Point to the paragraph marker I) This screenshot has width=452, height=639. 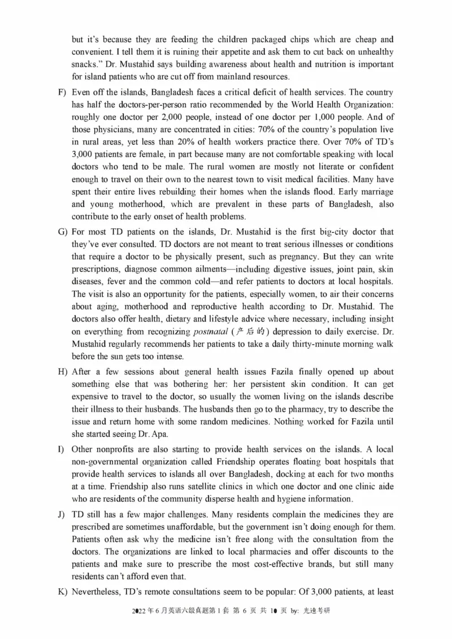tap(61, 449)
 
